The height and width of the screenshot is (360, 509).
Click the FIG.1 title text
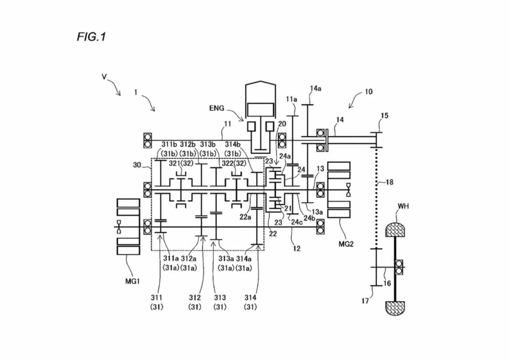[x=91, y=37]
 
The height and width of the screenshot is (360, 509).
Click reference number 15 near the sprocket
[x=384, y=116]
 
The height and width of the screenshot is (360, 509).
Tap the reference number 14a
[x=315, y=89]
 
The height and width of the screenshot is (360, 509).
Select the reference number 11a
[x=292, y=99]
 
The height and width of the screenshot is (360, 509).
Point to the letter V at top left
[x=104, y=77]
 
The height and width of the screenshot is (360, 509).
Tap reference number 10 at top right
[x=369, y=91]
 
